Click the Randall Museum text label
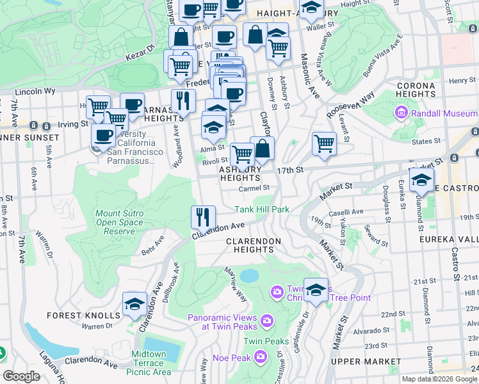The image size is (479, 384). click(x=442, y=113)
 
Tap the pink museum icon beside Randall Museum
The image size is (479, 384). click(x=402, y=113)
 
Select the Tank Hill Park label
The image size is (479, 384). click(x=263, y=209)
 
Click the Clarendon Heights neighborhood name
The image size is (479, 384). click(x=254, y=245)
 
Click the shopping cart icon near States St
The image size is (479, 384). click(x=325, y=143)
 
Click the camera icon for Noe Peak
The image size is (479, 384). click(x=260, y=356)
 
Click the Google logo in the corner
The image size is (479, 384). click(x=21, y=376)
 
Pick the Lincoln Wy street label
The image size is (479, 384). click(x=35, y=92)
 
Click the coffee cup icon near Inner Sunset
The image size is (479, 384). click(x=102, y=135)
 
